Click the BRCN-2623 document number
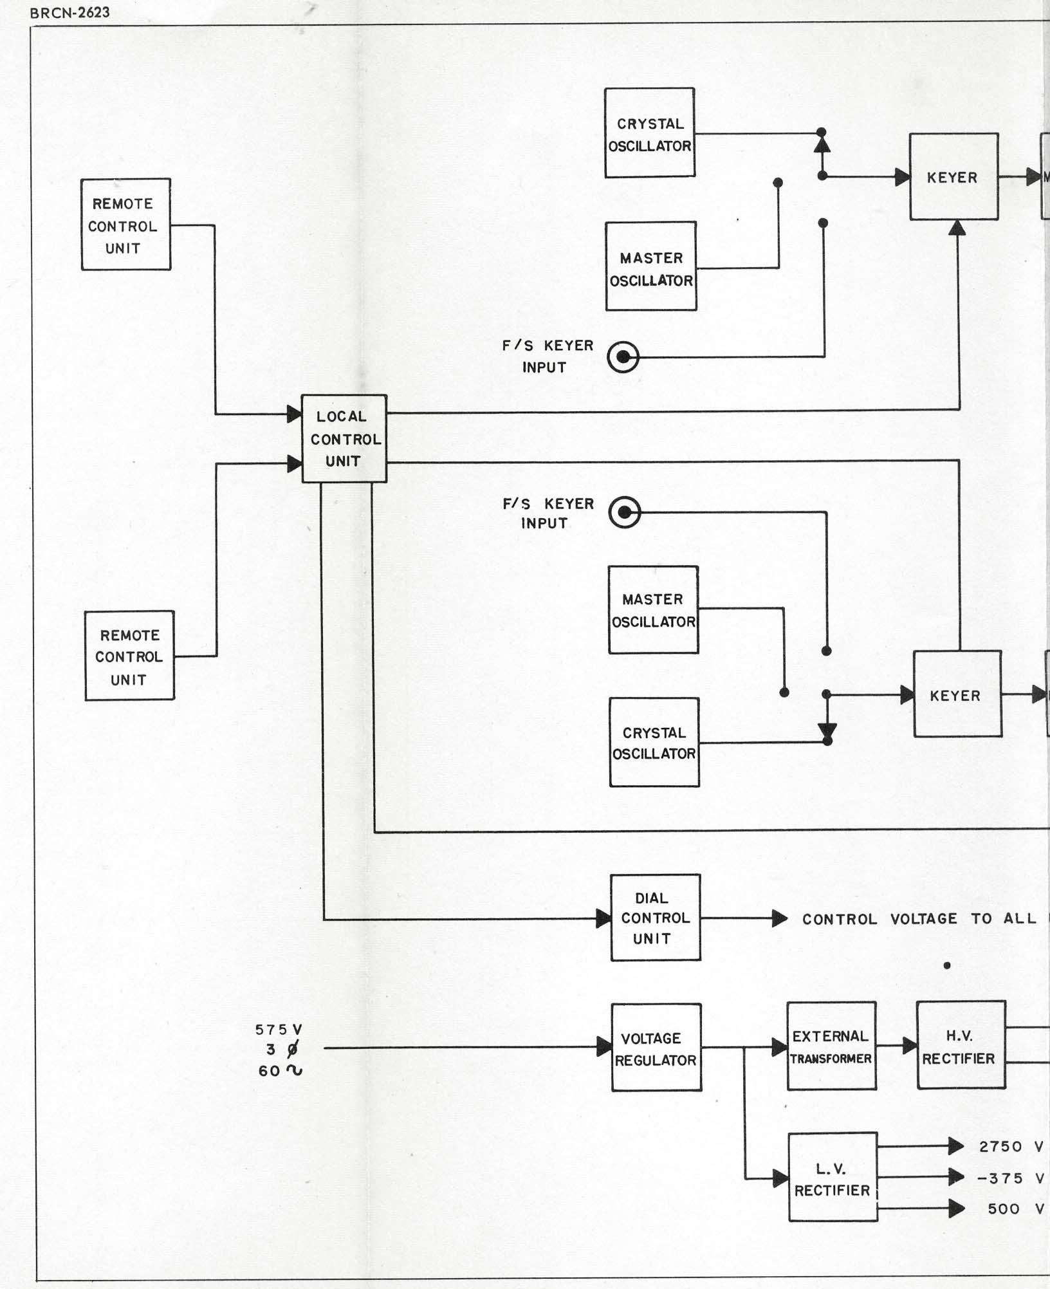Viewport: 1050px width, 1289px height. (69, 13)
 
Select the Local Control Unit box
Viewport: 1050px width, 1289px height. (344, 438)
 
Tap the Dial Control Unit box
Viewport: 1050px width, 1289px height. (655, 918)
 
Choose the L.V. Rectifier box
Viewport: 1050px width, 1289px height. (833, 1178)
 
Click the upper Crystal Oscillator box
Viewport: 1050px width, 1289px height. (650, 133)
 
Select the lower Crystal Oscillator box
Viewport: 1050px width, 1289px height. (654, 742)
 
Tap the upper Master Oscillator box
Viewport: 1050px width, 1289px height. (651, 266)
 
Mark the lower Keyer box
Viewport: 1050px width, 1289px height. (957, 694)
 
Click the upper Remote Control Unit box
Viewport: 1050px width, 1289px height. (125, 225)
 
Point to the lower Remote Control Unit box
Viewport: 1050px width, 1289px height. (129, 656)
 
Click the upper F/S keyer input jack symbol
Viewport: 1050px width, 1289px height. (623, 357)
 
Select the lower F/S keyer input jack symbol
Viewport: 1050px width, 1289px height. (625, 512)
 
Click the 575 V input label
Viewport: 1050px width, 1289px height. (279, 1030)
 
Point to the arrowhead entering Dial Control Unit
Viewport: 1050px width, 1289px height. (603, 918)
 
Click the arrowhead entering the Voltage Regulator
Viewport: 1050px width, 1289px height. (604, 1047)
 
